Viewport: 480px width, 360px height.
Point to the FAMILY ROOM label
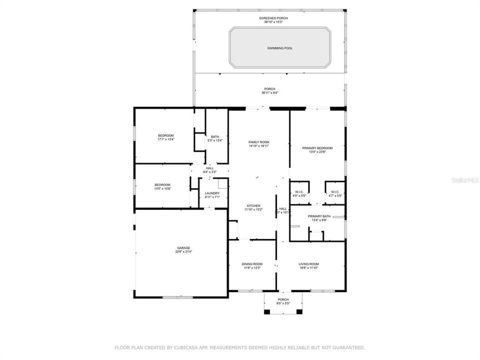pyautogui.click(x=259, y=142)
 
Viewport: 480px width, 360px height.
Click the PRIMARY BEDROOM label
pyautogui.click(x=317, y=148)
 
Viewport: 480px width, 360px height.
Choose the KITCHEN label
pyautogui.click(x=252, y=206)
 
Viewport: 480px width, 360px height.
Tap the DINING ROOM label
pyautogui.click(x=252, y=264)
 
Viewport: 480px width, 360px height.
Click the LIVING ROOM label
pyautogui.click(x=309, y=264)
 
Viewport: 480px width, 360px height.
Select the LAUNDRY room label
pyautogui.click(x=212, y=193)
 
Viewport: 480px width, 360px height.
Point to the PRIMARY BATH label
pyautogui.click(x=317, y=216)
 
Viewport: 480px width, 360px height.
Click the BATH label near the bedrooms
pyautogui.click(x=214, y=136)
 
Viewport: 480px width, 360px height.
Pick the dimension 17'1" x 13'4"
pyautogui.click(x=166, y=140)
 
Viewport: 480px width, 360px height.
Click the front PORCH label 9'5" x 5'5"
pyautogui.click(x=283, y=299)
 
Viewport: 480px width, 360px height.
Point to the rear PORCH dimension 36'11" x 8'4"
pyautogui.click(x=269, y=93)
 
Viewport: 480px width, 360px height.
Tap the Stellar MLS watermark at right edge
pyautogui.click(x=465, y=178)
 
